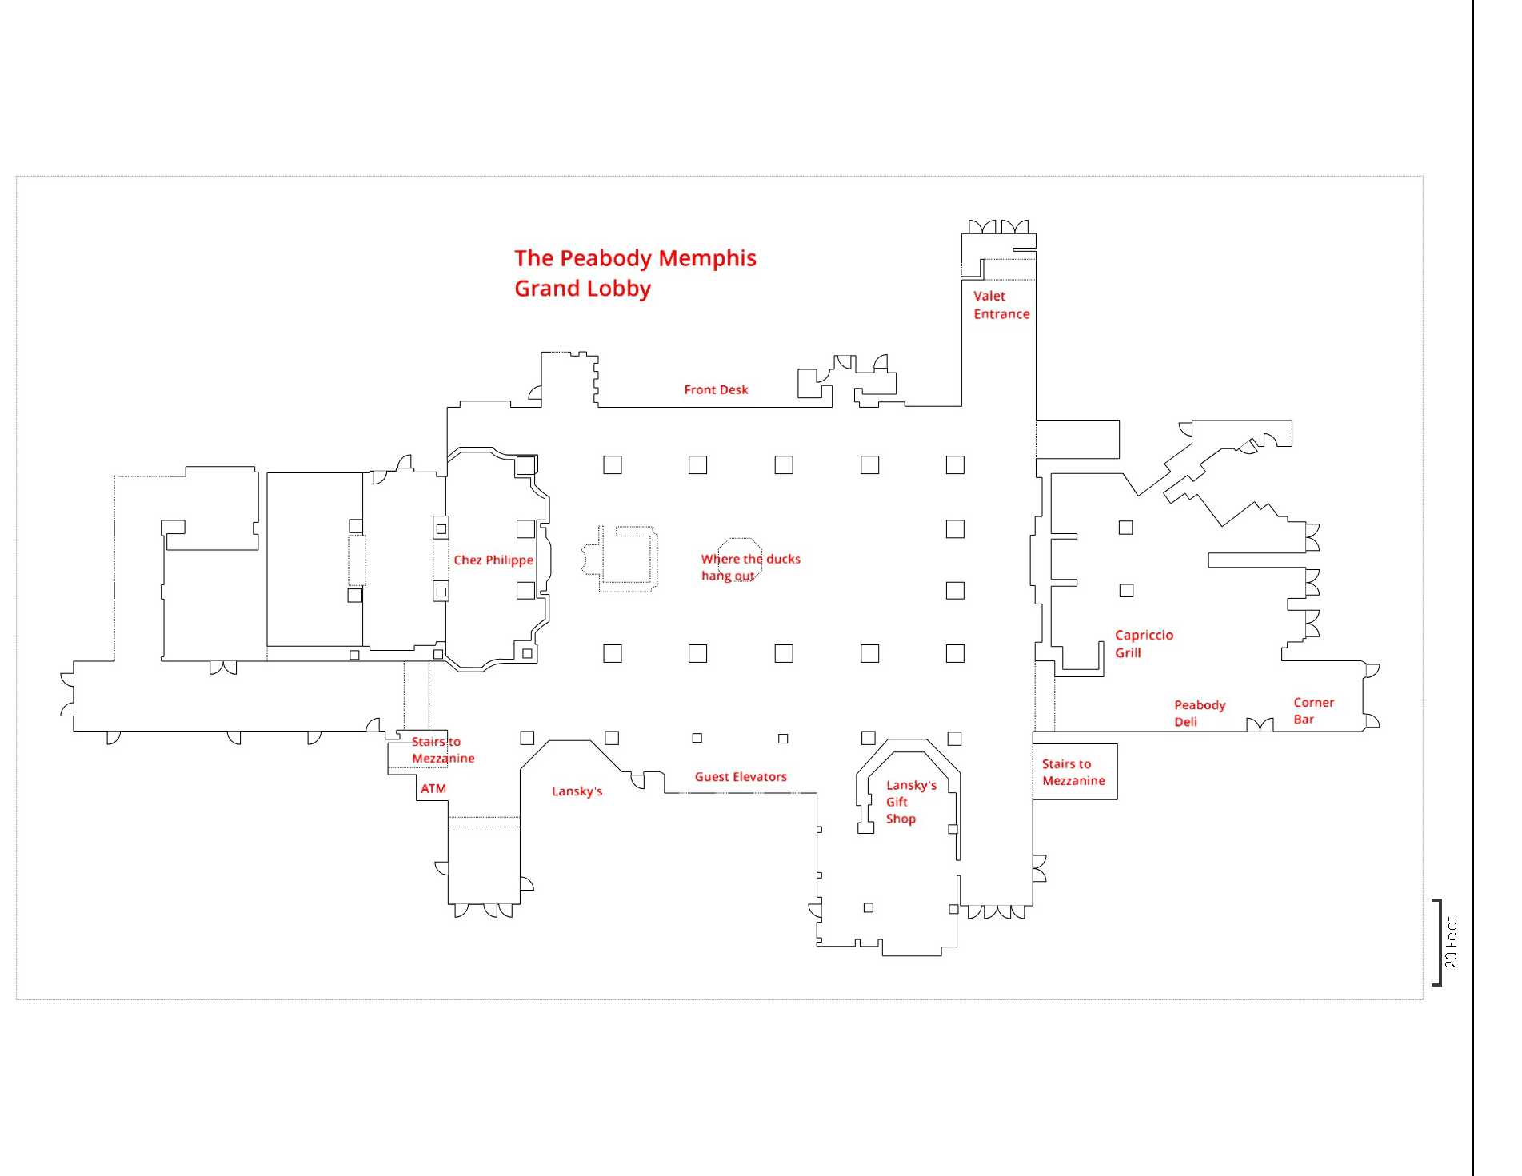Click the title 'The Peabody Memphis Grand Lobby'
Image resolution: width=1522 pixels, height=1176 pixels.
pyautogui.click(x=635, y=273)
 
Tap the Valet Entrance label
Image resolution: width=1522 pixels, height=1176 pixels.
pyautogui.click(x=1001, y=305)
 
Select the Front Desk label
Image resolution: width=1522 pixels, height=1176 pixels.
pyautogui.click(x=716, y=389)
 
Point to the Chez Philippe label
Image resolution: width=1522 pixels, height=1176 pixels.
pyautogui.click(x=493, y=560)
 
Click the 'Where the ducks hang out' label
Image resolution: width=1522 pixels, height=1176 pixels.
pyautogui.click(x=750, y=567)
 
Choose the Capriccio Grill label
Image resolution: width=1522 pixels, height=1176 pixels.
pyautogui.click(x=1144, y=644)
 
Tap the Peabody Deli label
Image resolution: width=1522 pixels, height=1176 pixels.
pyautogui.click(x=1200, y=713)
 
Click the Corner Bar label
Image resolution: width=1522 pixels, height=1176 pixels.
pyautogui.click(x=1313, y=711)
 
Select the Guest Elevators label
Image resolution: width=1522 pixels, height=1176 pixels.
pyautogui.click(x=741, y=776)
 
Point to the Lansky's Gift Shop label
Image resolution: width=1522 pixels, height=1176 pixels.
pyautogui.click(x=910, y=802)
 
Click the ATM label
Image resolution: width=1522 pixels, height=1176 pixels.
pyautogui.click(x=433, y=788)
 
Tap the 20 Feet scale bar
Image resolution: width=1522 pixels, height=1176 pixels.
pyautogui.click(x=1438, y=943)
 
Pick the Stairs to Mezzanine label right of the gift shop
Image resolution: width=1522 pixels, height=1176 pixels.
pyautogui.click(x=1073, y=772)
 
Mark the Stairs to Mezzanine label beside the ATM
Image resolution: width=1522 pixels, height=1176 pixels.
pyautogui.click(x=443, y=750)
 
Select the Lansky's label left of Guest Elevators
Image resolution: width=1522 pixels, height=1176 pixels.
pyautogui.click(x=577, y=791)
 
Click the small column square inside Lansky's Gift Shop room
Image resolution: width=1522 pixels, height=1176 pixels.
pyautogui.click(x=868, y=907)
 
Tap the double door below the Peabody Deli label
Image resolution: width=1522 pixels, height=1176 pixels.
pyautogui.click(x=1260, y=724)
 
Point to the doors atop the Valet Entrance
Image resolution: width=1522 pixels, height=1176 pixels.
pyautogui.click(x=998, y=227)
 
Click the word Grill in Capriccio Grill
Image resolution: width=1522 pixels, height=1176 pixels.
pyautogui.click(x=1128, y=652)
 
